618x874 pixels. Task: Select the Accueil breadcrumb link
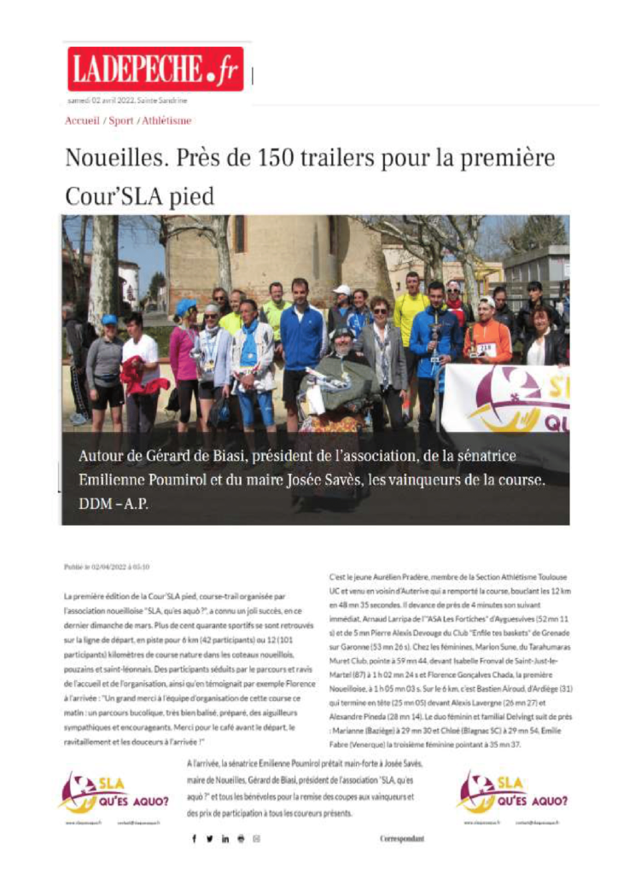pyautogui.click(x=82, y=121)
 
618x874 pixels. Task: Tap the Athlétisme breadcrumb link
pyautogui.click(x=167, y=121)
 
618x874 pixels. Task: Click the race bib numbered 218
pyautogui.click(x=486, y=347)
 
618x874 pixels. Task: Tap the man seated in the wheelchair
pyautogui.click(x=341, y=376)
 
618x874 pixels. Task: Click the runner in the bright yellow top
pyautogui.click(x=412, y=316)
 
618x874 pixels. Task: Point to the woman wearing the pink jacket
pyautogui.click(x=183, y=350)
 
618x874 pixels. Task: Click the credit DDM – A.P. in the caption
pyautogui.click(x=114, y=504)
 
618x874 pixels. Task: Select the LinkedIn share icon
pyautogui.click(x=225, y=839)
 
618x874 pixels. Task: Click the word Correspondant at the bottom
pyautogui.click(x=401, y=839)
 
